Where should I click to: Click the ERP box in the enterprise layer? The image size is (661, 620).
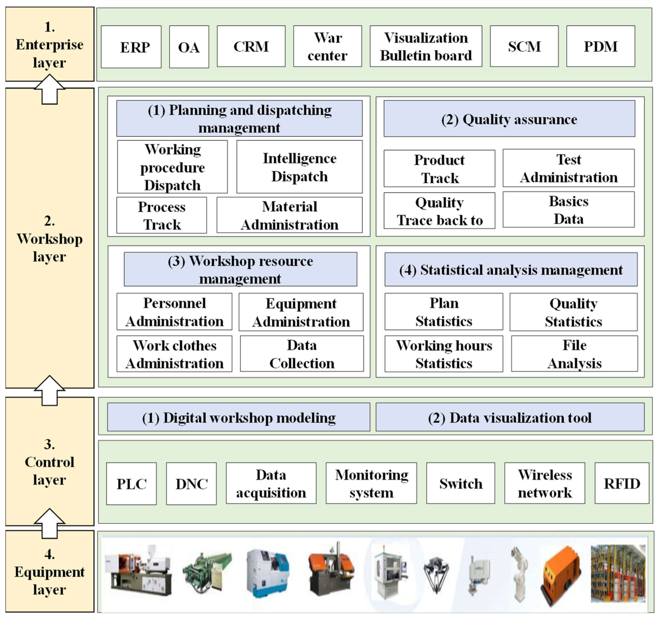pyautogui.click(x=131, y=47)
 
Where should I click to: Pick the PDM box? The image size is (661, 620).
pyautogui.click(x=600, y=46)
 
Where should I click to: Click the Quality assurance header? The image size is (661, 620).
pyautogui.click(x=509, y=119)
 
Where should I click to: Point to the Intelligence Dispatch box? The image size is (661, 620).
pyautogui.click(x=299, y=167)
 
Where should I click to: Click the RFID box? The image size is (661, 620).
pyautogui.click(x=622, y=483)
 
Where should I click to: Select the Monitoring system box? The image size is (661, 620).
pyautogui.click(x=371, y=483)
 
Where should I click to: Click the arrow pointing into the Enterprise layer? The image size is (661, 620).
pyautogui.click(x=50, y=89)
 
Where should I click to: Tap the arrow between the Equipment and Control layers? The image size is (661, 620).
pyautogui.click(x=50, y=523)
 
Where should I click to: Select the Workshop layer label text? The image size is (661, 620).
pyautogui.click(x=50, y=239)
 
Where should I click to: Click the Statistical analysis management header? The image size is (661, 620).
pyautogui.click(x=511, y=270)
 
